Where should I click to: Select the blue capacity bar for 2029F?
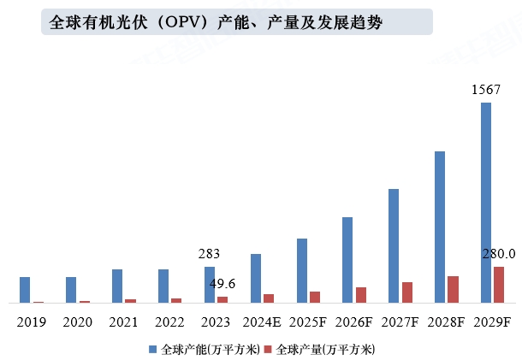(x=485, y=203)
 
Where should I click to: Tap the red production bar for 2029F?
(x=499, y=285)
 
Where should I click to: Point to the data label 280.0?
(x=498, y=254)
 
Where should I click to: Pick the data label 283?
(x=209, y=254)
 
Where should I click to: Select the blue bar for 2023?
(x=209, y=285)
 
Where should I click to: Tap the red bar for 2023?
(x=222, y=299)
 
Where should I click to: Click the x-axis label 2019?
(x=32, y=322)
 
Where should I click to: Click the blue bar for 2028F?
(x=440, y=227)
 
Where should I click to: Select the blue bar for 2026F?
(x=347, y=260)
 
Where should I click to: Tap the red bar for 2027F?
(x=407, y=292)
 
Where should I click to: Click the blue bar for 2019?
(x=25, y=290)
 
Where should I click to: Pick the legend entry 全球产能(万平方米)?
(x=204, y=349)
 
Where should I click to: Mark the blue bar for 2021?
(x=117, y=286)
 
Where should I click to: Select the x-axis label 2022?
(x=169, y=322)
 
